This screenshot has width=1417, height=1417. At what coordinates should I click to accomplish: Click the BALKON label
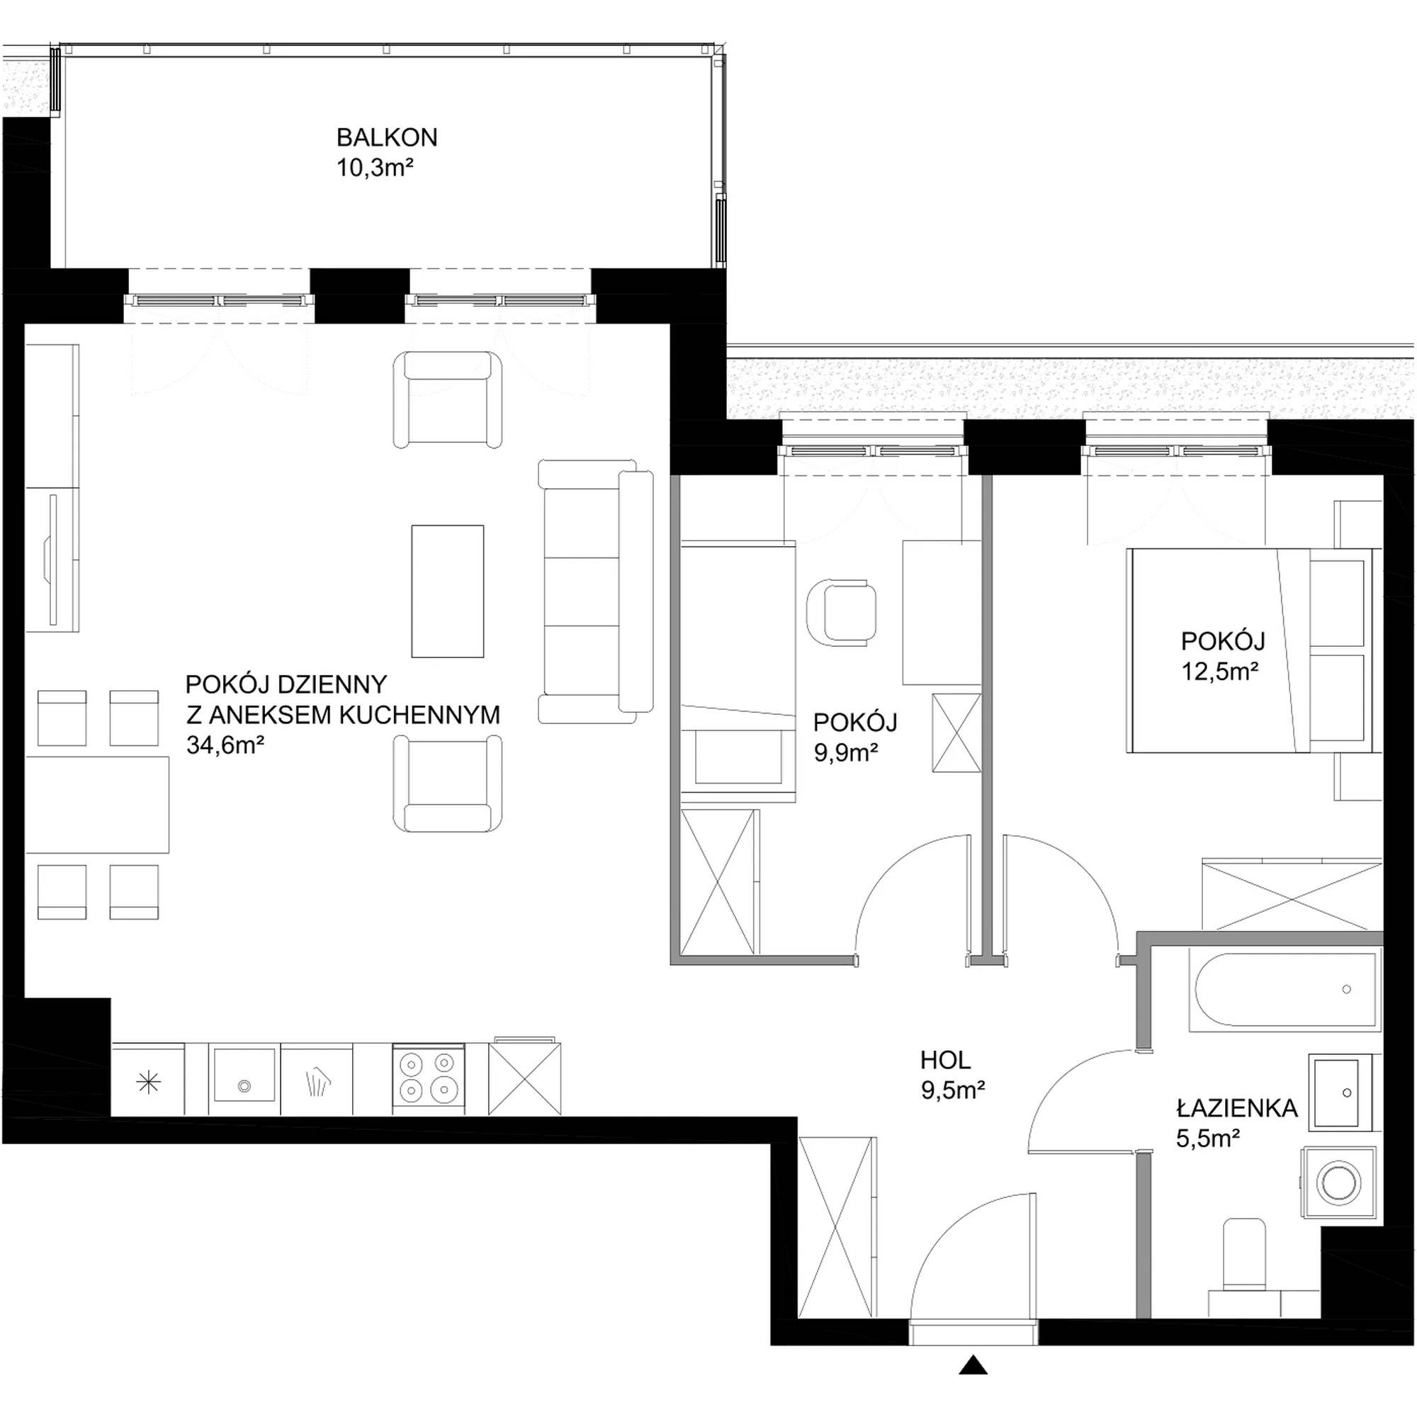coord(387,137)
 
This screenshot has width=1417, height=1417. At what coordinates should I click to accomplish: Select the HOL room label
coord(945,1060)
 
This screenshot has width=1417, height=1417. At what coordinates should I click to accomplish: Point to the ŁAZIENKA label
coord(1237,1107)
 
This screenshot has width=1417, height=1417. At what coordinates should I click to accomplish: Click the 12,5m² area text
coord(1221,672)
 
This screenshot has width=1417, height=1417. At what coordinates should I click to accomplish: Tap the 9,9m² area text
coord(847,753)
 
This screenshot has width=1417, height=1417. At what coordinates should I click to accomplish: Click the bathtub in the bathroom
coord(1285,989)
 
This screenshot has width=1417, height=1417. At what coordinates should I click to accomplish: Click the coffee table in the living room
coord(447,591)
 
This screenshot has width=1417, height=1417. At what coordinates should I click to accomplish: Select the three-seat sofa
coord(596,591)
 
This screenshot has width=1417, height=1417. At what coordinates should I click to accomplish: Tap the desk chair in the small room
coord(842,612)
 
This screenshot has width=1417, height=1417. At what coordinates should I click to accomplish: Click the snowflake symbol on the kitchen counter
coord(148,1082)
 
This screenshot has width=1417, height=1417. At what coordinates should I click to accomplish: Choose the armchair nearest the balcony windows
coord(447,399)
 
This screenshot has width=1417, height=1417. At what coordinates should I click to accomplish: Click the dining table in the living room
coord(98,805)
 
